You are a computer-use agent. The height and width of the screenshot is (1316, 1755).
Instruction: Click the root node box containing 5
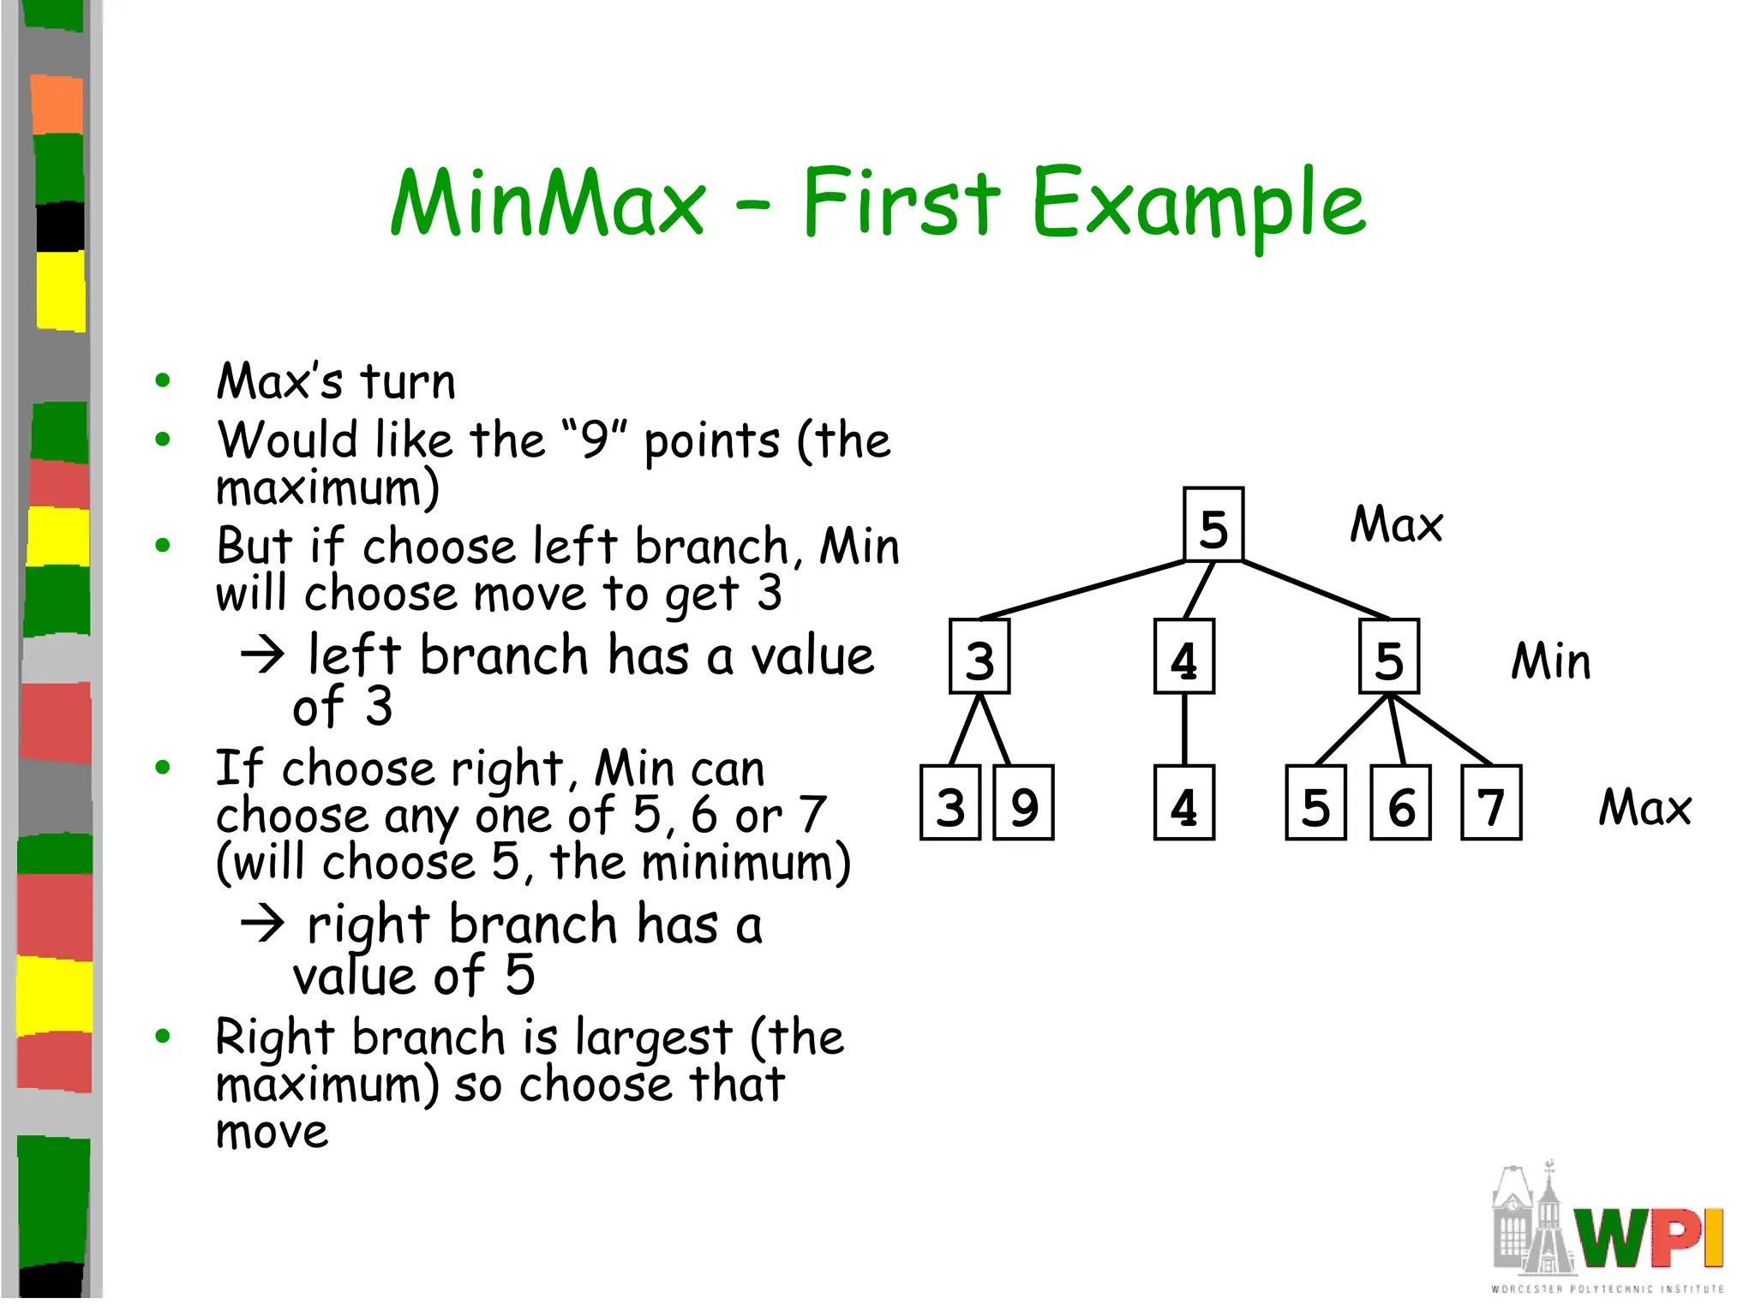coord(1213,524)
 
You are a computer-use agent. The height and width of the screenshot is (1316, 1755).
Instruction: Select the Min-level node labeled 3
coord(979,656)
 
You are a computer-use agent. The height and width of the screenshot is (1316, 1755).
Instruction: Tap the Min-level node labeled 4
coord(1183,656)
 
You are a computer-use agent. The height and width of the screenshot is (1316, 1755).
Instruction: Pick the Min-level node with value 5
coord(1388,656)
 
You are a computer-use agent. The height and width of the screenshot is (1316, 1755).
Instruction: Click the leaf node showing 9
coord(1023,803)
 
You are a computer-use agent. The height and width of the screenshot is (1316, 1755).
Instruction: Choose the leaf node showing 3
coord(950,803)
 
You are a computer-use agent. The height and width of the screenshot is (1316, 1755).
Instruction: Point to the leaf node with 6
coord(1400,803)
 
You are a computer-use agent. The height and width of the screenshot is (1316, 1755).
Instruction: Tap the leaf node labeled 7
coord(1491,803)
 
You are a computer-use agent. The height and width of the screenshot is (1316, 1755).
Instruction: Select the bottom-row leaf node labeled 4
coord(1183,803)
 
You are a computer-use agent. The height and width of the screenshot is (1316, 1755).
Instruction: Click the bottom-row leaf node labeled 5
coord(1315,803)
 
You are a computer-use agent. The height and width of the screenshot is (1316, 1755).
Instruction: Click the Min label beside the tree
coord(1550,661)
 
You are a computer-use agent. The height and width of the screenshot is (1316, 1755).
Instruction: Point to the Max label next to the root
coord(1396,524)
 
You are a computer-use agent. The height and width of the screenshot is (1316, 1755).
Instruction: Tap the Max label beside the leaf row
coord(1644,807)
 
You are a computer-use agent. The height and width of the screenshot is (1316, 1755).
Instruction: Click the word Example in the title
coord(1198,206)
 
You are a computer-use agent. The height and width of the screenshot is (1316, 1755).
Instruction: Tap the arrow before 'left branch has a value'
coord(262,655)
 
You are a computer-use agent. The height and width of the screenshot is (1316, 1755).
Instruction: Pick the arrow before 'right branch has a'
coord(262,924)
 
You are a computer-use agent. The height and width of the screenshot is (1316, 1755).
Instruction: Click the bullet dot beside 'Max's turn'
coord(163,380)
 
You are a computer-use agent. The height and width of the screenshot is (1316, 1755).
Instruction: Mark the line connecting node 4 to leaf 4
coord(1184,729)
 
